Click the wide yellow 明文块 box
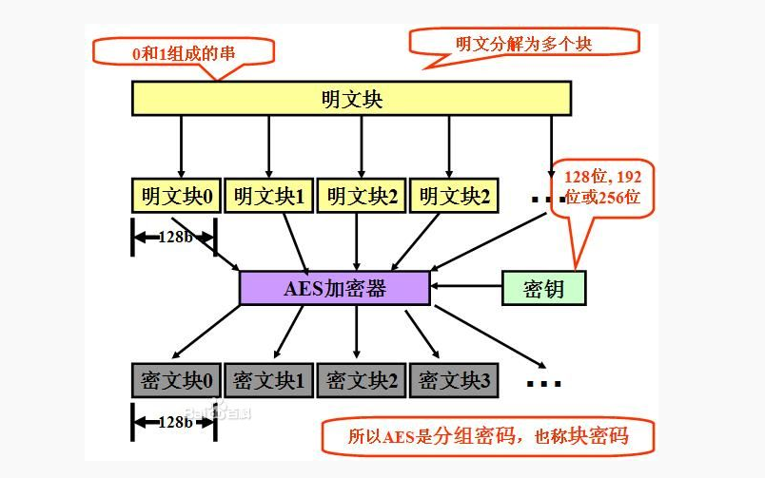pyautogui.click(x=351, y=98)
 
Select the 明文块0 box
pyautogui.click(x=177, y=196)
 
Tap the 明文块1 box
pyautogui.click(x=269, y=196)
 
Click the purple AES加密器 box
pyautogui.click(x=335, y=288)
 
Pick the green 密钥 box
pyautogui.click(x=543, y=288)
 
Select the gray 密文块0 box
pyautogui.click(x=177, y=380)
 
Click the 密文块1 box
pyautogui.click(x=269, y=380)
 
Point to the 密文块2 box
pyautogui.click(x=362, y=380)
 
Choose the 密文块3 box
pyautogui.click(x=454, y=380)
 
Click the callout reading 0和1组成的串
pyautogui.click(x=181, y=52)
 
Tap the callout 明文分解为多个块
pyautogui.click(x=523, y=43)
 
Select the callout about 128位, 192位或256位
pyautogui.click(x=602, y=186)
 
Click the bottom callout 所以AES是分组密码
pyautogui.click(x=487, y=437)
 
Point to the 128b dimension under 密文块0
pyautogui.click(x=174, y=421)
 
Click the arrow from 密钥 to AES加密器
pyautogui.click(x=466, y=286)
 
